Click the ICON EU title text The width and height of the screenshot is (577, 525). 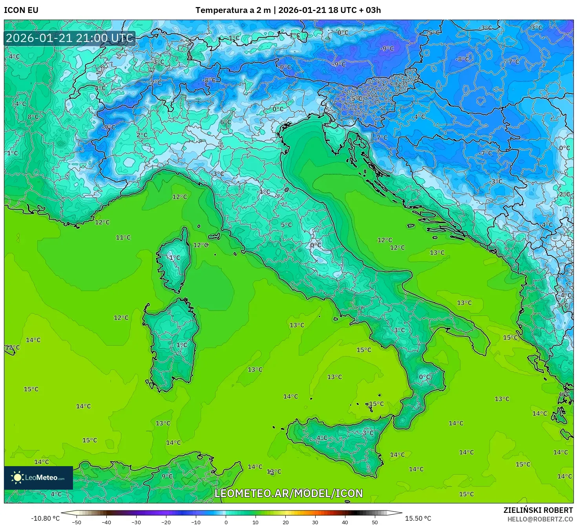[21, 10]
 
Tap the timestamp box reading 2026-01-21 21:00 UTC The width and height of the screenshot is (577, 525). [69, 38]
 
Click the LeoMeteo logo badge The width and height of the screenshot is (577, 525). [38, 478]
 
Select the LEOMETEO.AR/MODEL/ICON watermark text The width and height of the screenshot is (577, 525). [288, 493]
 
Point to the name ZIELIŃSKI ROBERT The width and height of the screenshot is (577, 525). [538, 510]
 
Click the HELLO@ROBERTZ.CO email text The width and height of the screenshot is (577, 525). [540, 519]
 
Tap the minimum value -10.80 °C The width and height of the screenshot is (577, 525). [45, 518]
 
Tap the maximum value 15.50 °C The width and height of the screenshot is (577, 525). [418, 518]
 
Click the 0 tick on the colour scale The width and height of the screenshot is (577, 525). [226, 522]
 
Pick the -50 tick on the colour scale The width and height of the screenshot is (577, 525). [77, 522]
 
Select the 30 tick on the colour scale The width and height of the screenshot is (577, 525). [315, 522]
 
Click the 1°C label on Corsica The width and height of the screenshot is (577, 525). [174, 258]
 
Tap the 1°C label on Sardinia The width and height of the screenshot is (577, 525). [181, 345]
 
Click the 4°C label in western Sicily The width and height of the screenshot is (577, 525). [321, 438]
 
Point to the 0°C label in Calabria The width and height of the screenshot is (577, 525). [425, 377]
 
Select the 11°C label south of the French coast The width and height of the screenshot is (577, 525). [123, 237]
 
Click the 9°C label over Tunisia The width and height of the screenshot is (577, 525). [167, 476]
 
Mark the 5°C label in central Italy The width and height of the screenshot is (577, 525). [286, 225]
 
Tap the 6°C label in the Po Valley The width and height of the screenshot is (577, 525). [225, 122]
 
